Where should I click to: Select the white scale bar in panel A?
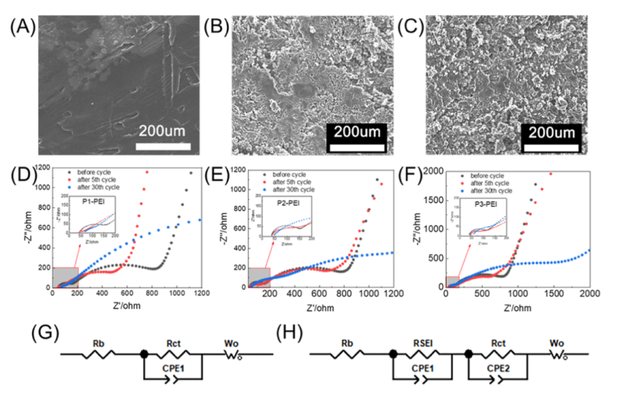coord(163,143)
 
